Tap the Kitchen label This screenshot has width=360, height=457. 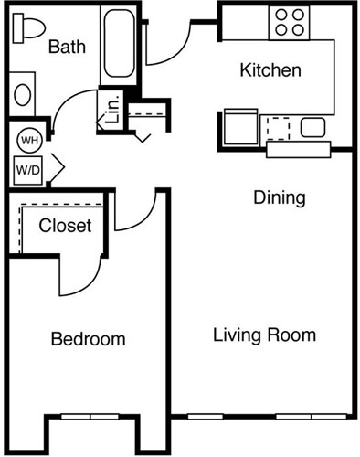tap(270, 70)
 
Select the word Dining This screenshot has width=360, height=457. tap(279, 197)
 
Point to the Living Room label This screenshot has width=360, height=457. tap(264, 335)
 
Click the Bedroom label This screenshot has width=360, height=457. tap(88, 339)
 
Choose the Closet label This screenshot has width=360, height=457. tap(65, 225)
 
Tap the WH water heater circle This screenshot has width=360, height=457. tap(27, 141)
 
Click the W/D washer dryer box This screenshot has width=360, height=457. tap(27, 169)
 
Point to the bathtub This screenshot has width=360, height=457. tap(120, 43)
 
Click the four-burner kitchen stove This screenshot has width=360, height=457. tap(291, 22)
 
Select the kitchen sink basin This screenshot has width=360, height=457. tap(312, 127)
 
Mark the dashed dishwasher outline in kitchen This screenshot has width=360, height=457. tap(278, 127)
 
